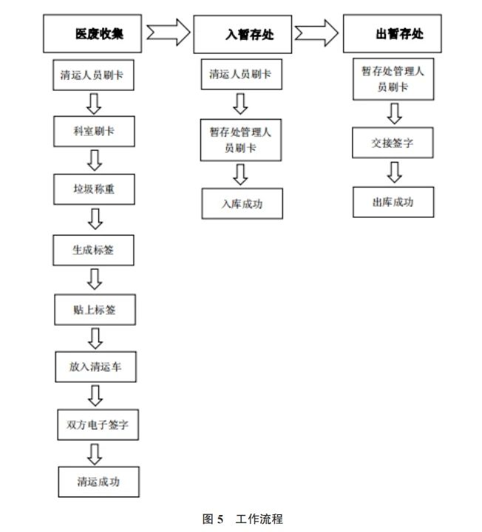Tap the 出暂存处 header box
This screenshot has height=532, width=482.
point(393,35)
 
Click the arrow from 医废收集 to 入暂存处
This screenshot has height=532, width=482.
point(169,33)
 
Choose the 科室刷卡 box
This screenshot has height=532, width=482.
point(94,132)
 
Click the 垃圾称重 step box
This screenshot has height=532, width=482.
point(94,190)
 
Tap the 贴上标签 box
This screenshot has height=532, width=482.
point(94,310)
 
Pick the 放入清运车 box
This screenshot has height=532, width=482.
point(95,367)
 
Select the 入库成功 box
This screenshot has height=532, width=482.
point(242,204)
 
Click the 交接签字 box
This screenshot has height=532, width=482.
point(393,143)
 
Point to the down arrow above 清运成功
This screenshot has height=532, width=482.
point(94,453)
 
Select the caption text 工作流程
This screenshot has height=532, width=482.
point(259,519)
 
